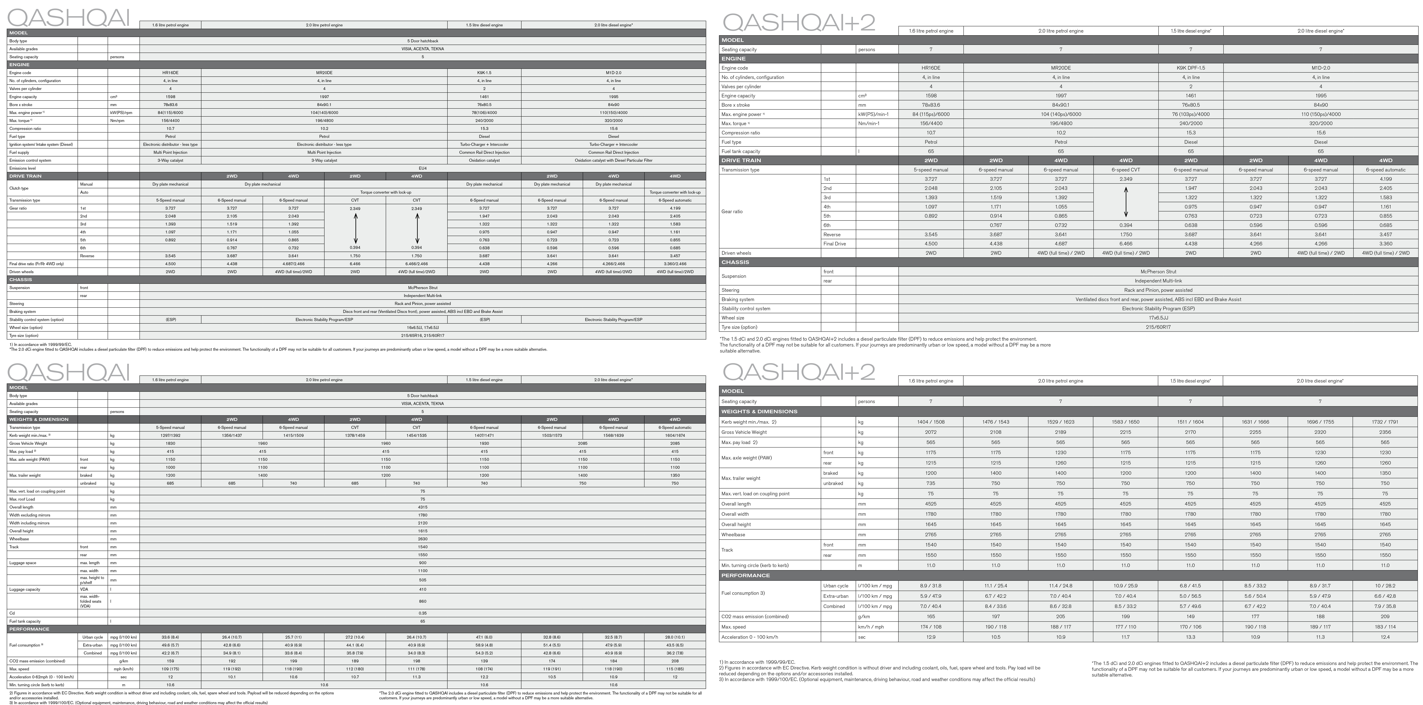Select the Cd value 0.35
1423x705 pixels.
coord(423,613)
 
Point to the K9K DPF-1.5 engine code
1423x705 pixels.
coord(1190,68)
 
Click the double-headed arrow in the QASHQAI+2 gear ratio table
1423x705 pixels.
coord(1126,202)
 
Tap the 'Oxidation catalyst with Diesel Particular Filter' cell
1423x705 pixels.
coord(613,160)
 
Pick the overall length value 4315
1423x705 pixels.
coord(423,507)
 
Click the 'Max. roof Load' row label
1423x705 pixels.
coord(22,499)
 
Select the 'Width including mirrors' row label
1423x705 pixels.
coord(29,523)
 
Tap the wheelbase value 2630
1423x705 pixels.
coord(423,539)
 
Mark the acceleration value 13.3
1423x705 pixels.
coord(1190,637)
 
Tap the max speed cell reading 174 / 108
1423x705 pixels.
coord(931,627)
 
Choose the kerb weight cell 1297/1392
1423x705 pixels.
coord(170,436)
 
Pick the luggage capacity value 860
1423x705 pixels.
coord(423,601)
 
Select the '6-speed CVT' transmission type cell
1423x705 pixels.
coord(1126,169)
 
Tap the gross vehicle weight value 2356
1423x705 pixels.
coord(1385,432)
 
